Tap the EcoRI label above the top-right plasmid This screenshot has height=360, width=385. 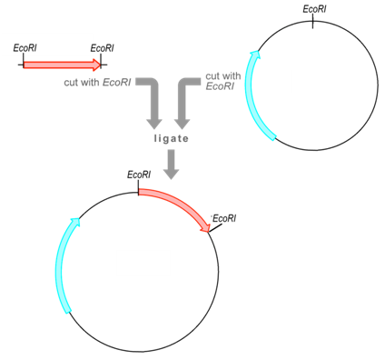tap(314, 10)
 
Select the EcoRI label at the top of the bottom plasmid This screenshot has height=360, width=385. tap(139, 175)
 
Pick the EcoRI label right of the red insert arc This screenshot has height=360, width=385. tap(224, 218)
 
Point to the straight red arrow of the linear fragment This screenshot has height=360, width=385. tap(59, 64)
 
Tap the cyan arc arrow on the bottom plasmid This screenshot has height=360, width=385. tap(65, 264)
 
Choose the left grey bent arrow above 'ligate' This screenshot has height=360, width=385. tap(153, 101)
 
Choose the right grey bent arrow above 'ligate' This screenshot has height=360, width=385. tap(186, 101)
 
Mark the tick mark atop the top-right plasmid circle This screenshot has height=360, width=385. tap(314, 21)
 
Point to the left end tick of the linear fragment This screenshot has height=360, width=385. tap(23, 64)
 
